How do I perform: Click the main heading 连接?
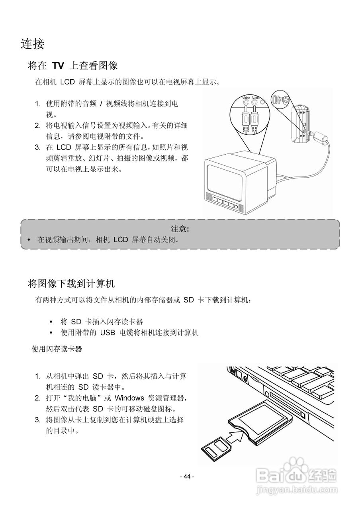(x=32, y=44)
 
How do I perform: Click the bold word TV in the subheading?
(x=59, y=66)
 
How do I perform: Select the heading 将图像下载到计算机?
(x=71, y=284)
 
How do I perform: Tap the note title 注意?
(x=180, y=229)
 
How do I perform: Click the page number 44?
(x=187, y=477)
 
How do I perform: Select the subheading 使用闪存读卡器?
(x=57, y=349)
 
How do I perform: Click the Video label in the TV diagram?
(x=246, y=98)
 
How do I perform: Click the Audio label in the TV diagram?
(x=256, y=98)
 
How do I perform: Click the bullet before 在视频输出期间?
(x=29, y=240)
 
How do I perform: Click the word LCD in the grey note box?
(x=121, y=240)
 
